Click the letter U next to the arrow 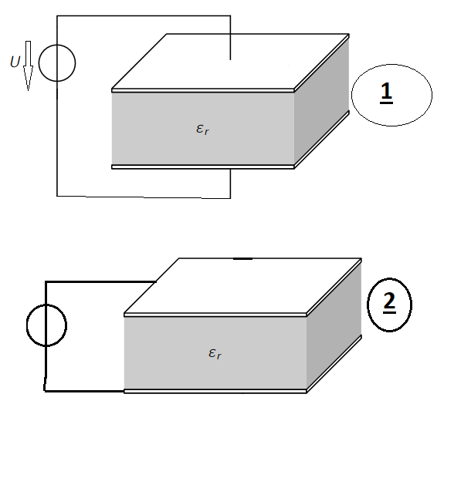(x=15, y=62)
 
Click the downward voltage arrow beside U (x=28, y=66)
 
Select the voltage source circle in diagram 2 (x=46, y=305)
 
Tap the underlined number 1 (x=386, y=92)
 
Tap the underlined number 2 (x=389, y=302)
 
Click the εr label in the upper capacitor (x=203, y=129)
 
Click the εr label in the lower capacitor (x=215, y=353)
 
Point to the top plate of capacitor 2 (x=242, y=286)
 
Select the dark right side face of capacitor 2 (x=334, y=325)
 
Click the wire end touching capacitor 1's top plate (x=230, y=59)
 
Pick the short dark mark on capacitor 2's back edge (x=242, y=258)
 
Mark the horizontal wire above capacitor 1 (x=144, y=15)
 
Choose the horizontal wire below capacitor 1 (x=144, y=197)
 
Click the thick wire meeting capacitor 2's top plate (x=100, y=281)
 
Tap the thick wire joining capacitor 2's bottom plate (x=84, y=391)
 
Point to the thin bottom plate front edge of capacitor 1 (x=203, y=167)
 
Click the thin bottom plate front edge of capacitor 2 (x=215, y=391)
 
